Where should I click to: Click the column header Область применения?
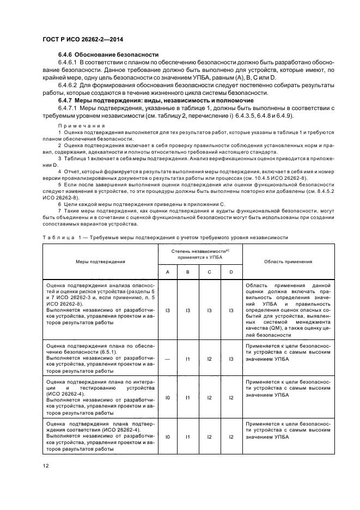(288, 262)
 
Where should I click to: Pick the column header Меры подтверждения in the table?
(100, 262)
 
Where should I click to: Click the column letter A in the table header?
(168, 272)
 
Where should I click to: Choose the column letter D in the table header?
(231, 272)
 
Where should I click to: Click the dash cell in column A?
(168, 359)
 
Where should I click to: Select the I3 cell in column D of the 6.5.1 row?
(231, 359)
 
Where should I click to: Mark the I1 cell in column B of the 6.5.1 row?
(187, 359)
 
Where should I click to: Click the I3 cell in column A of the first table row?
(168, 310)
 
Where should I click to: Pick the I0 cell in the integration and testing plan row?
(168, 398)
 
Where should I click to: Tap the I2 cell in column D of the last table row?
(231, 436)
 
